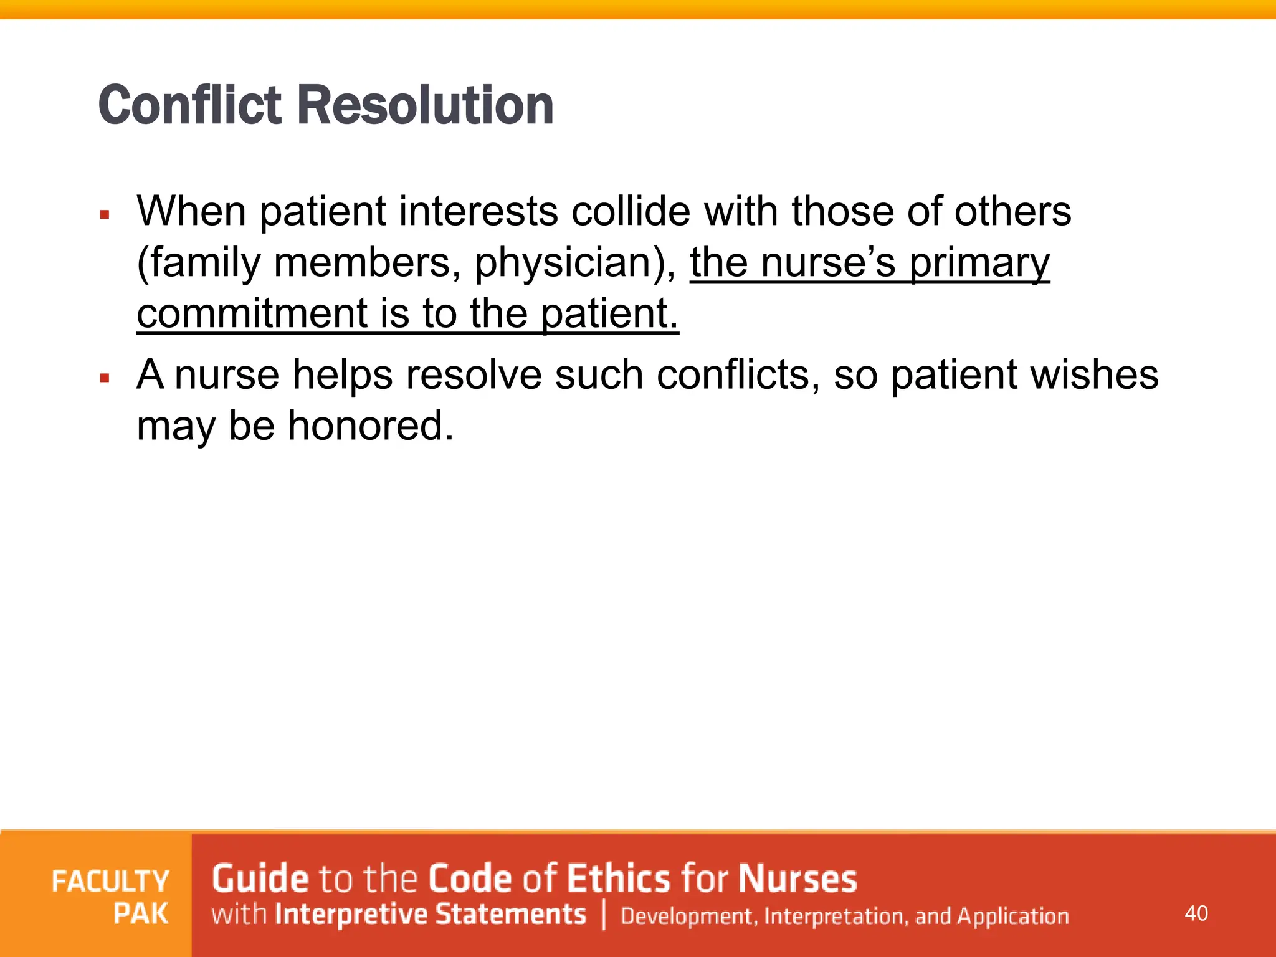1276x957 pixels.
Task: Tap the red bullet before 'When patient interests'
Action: pyautogui.click(x=105, y=216)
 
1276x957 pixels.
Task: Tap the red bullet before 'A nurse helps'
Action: pyautogui.click(x=105, y=378)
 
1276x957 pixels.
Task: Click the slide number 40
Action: pyautogui.click(x=1196, y=913)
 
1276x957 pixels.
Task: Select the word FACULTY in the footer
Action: pyautogui.click(x=110, y=882)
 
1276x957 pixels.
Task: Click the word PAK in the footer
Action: pyautogui.click(x=141, y=914)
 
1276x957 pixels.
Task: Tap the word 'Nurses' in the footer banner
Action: pyautogui.click(x=797, y=878)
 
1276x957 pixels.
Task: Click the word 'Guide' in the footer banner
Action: pyautogui.click(x=260, y=878)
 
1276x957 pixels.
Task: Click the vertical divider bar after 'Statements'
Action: pyautogui.click(x=604, y=915)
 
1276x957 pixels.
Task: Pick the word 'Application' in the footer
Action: pyautogui.click(x=1013, y=916)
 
